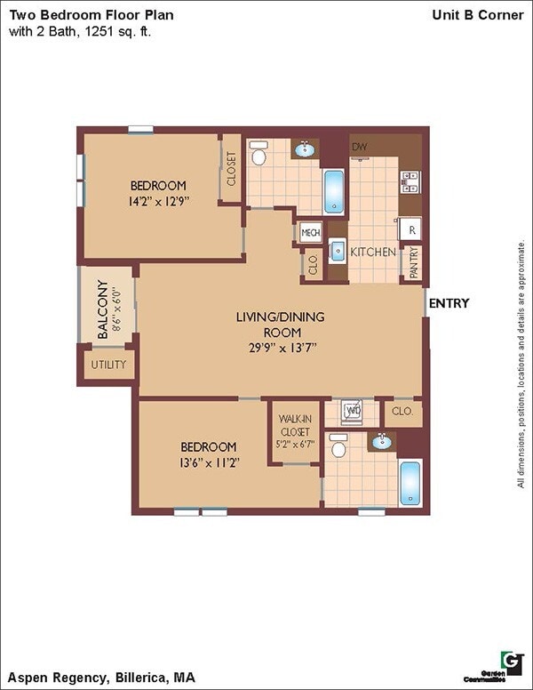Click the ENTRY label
[x=449, y=303]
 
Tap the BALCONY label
[x=103, y=304]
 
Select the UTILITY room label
[x=108, y=365]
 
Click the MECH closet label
[x=310, y=233]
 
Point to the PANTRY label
[x=413, y=263]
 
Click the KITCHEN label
[x=372, y=252]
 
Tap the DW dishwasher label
[x=360, y=147]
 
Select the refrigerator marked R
[x=410, y=229]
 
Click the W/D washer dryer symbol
[x=353, y=412]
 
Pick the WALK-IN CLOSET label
[x=294, y=430]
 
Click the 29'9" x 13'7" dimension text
[x=281, y=347]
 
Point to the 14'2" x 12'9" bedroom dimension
[x=158, y=201]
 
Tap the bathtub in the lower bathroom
[x=410, y=483]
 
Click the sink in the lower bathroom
[x=381, y=441]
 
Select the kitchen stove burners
[x=410, y=182]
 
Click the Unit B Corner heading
[x=477, y=15]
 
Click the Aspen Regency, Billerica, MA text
[x=102, y=678]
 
